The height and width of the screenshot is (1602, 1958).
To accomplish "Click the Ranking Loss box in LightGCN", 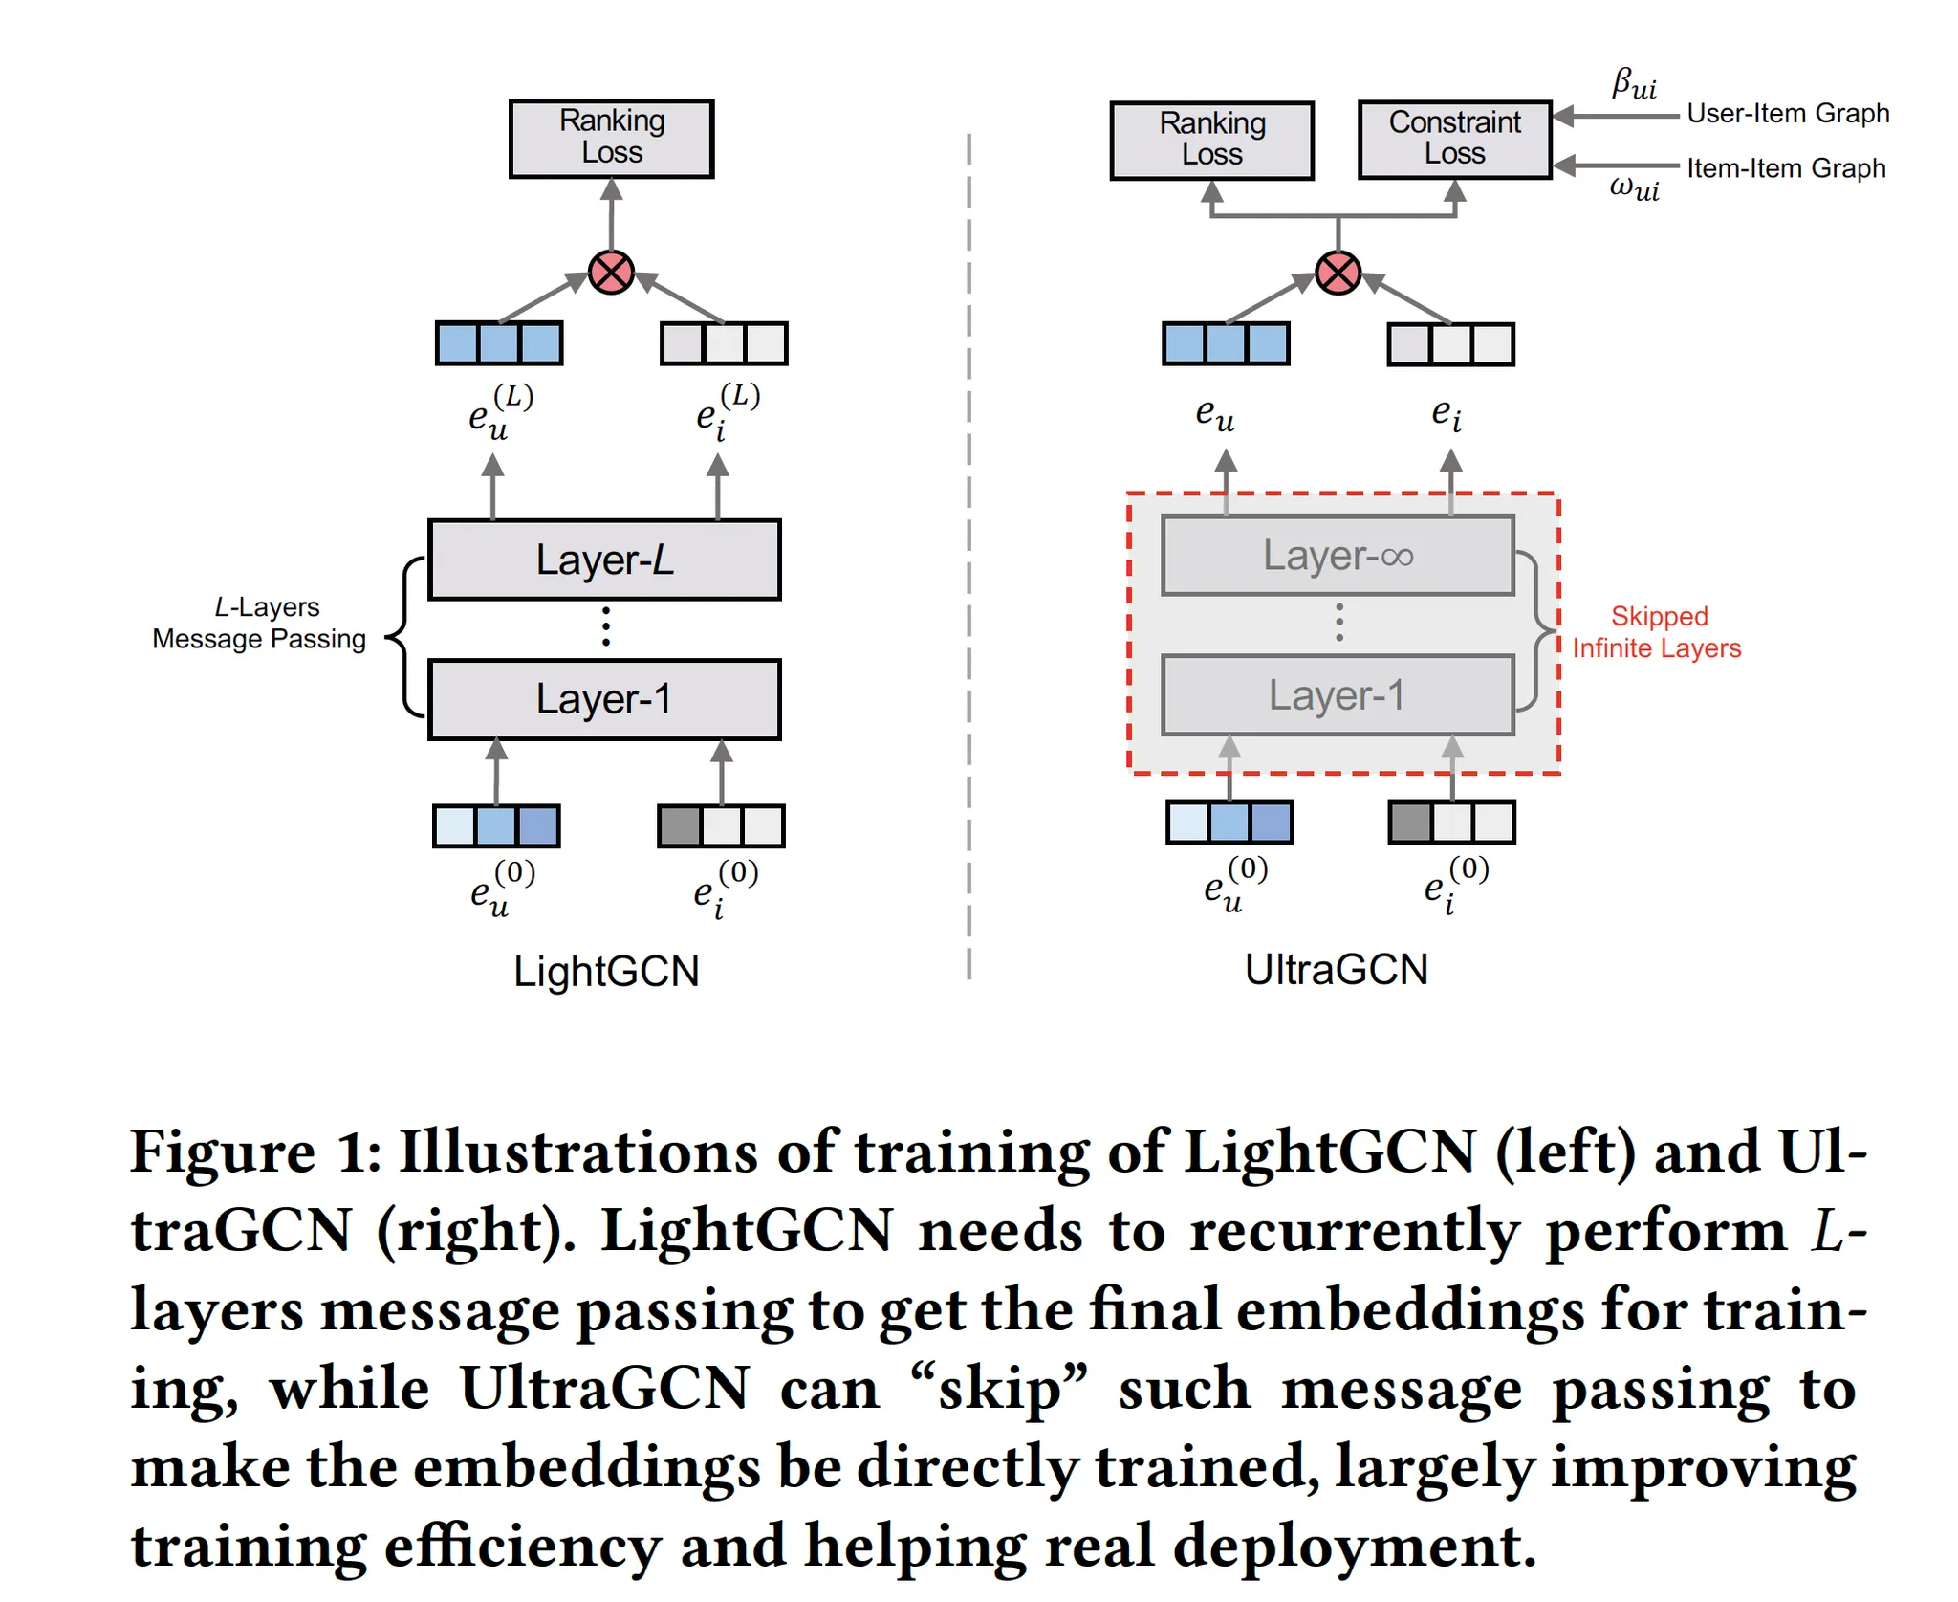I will (x=611, y=139).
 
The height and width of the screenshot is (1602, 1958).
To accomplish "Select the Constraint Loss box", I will (x=1454, y=140).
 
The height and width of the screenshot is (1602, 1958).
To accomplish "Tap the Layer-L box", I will (x=604, y=560).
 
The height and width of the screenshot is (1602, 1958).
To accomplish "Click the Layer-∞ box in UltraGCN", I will (x=1338, y=556).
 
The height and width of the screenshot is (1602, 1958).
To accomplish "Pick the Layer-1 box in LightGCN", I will (x=604, y=699).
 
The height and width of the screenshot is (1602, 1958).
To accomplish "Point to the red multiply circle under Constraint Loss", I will (x=1338, y=274).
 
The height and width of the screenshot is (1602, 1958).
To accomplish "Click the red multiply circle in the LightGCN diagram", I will (x=611, y=274).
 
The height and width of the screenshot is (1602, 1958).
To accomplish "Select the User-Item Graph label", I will (x=1788, y=114).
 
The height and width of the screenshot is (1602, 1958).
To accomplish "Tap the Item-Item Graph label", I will (x=1786, y=168).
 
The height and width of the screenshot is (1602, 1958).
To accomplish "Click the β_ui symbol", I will (x=1634, y=84).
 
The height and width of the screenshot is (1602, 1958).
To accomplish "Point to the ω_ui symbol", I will (x=1634, y=187).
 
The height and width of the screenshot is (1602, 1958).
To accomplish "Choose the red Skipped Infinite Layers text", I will (x=1657, y=632).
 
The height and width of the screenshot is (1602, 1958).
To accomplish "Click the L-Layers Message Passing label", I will (x=260, y=623).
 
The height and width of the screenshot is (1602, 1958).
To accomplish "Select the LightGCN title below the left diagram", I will (x=606, y=972).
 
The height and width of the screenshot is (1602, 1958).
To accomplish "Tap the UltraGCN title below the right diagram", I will (x=1336, y=970).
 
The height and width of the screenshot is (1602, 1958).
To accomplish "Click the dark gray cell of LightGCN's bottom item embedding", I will (x=680, y=826).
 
